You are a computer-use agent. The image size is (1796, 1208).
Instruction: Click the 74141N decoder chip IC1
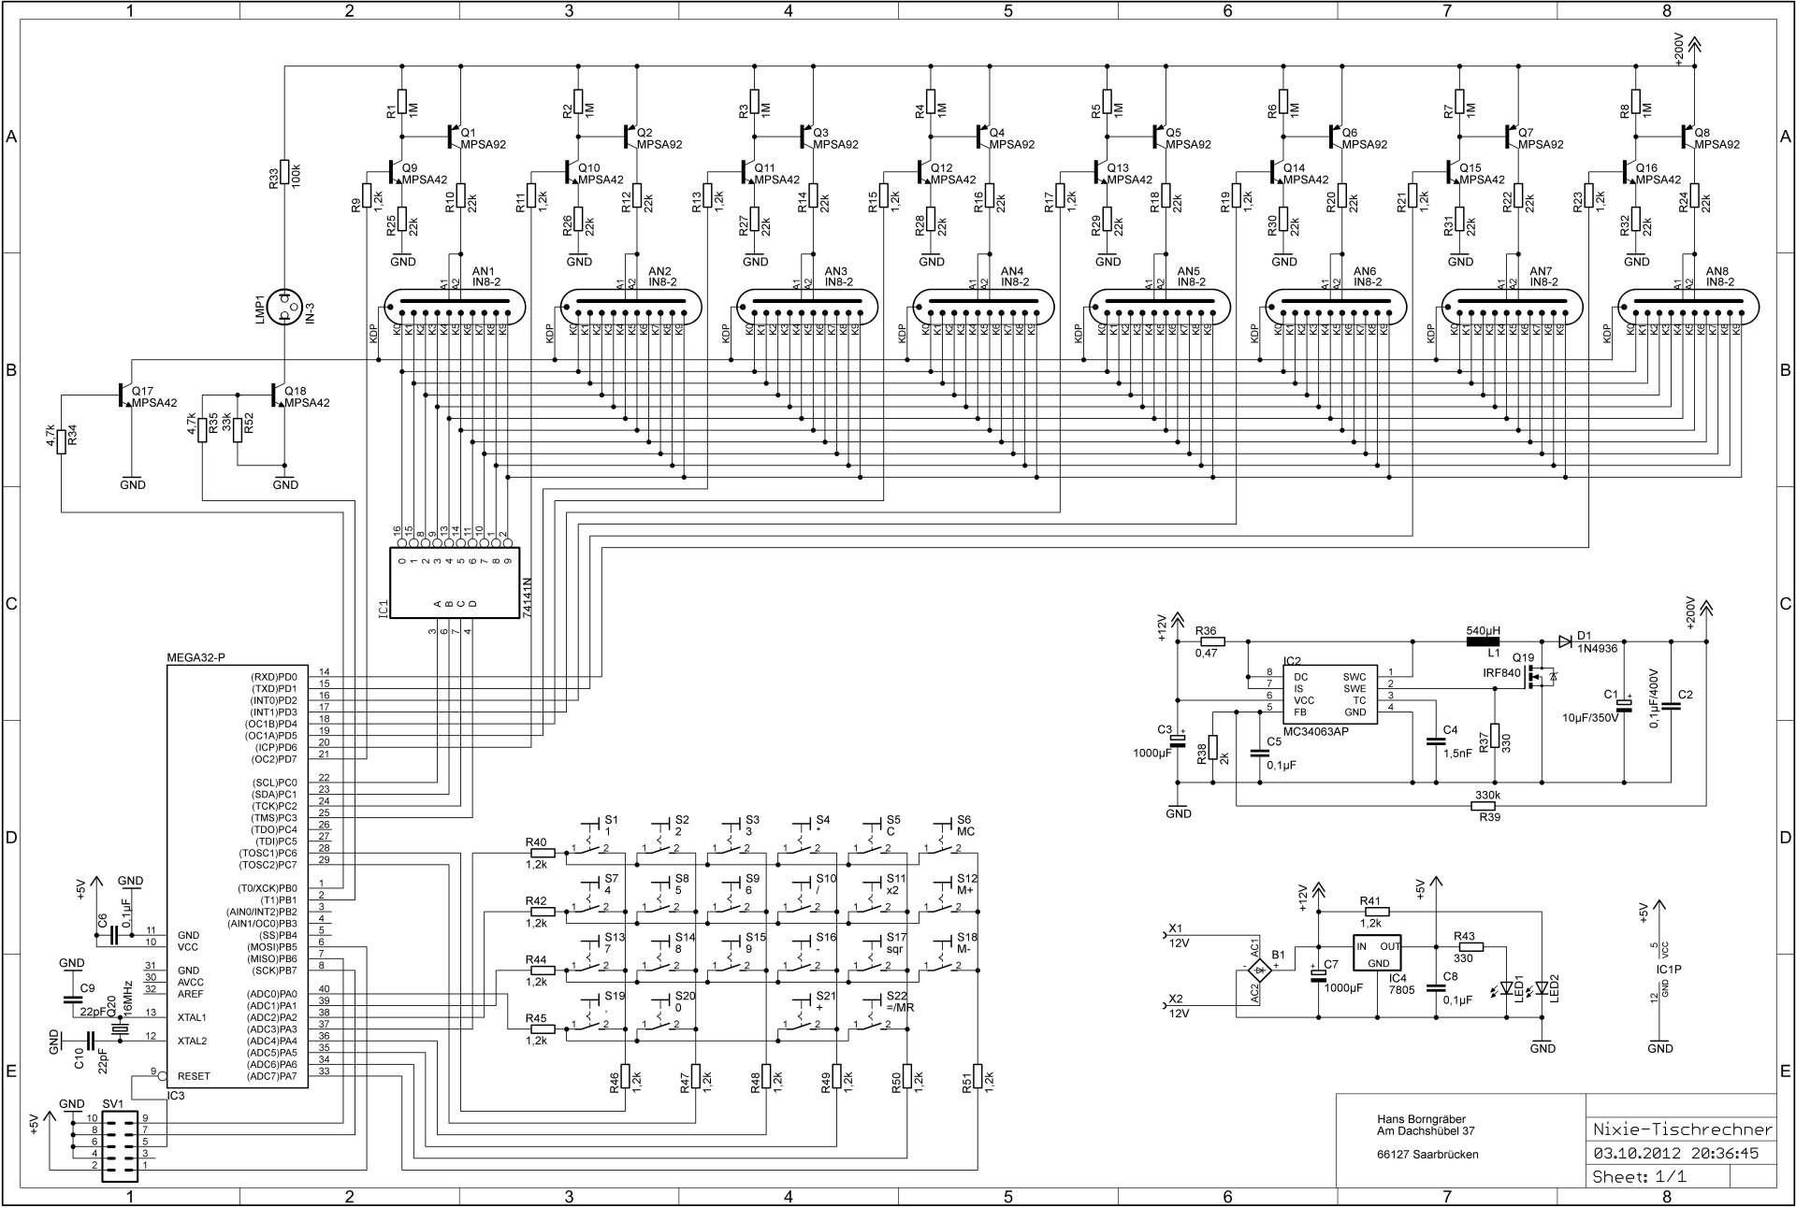click(455, 582)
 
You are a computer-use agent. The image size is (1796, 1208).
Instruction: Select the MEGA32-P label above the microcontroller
click(196, 657)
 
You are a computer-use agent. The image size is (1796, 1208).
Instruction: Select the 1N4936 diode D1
click(1565, 641)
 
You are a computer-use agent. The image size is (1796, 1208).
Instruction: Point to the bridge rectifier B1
click(1260, 971)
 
